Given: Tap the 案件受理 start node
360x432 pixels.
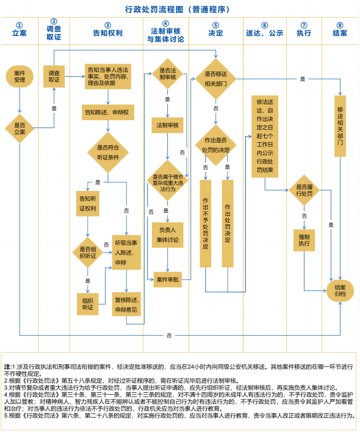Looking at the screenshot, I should [20, 76].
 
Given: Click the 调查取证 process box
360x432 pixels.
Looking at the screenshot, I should [54, 76].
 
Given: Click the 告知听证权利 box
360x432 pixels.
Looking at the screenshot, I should [87, 204].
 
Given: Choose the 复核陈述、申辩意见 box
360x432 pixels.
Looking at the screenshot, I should [126, 303].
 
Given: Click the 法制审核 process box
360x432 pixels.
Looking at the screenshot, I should [168, 124].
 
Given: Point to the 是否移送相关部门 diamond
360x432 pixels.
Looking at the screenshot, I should [215, 79].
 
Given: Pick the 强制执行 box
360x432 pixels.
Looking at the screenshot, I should [304, 240].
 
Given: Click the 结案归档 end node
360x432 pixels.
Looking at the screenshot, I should [339, 289].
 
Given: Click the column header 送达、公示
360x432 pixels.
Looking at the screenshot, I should [264, 32].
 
